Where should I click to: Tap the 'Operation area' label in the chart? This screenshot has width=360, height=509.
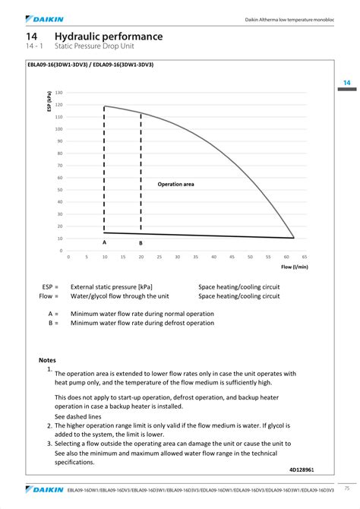(175, 184)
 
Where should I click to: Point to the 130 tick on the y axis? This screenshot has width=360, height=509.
(58, 93)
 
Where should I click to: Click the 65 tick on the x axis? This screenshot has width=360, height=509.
(304, 257)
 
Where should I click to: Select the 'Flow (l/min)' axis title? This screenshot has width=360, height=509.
(294, 267)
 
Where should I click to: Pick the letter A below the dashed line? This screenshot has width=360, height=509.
(104, 242)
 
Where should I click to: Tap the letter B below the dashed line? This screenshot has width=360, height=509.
(141, 242)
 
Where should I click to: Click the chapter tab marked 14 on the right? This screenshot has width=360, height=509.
(346, 82)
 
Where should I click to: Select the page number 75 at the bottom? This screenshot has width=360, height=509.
(346, 488)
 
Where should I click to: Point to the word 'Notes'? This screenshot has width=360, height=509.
(48, 359)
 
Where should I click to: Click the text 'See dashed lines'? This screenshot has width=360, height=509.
(77, 416)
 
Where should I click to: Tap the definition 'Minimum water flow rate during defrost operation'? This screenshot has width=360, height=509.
(142, 323)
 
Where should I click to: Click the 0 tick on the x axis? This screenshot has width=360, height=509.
(68, 257)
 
